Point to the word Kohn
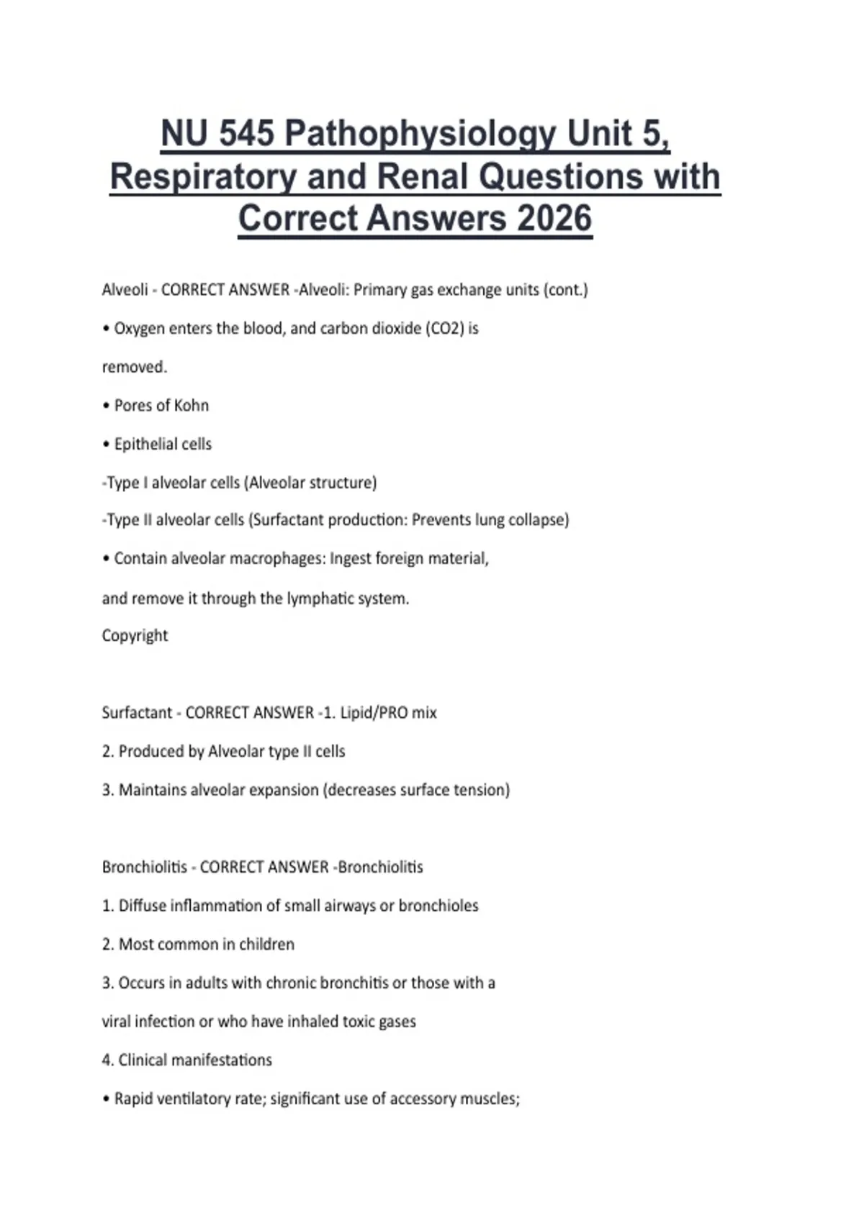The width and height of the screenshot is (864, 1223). (192, 406)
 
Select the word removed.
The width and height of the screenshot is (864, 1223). (134, 367)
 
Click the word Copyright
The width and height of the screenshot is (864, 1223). (135, 636)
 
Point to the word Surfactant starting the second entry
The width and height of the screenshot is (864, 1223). (137, 713)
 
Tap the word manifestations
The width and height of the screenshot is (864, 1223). (228, 1060)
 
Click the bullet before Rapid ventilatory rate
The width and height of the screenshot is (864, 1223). (107, 1099)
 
